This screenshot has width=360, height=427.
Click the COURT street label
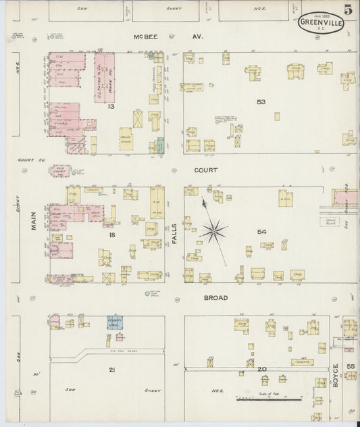click(206, 170)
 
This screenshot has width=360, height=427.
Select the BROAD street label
click(216, 297)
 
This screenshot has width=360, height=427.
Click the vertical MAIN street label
click(32, 226)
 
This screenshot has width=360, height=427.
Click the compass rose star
click(214, 232)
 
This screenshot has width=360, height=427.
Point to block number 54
click(261, 232)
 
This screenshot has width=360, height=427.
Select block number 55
click(351, 366)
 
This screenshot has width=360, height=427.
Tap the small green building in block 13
click(160, 144)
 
